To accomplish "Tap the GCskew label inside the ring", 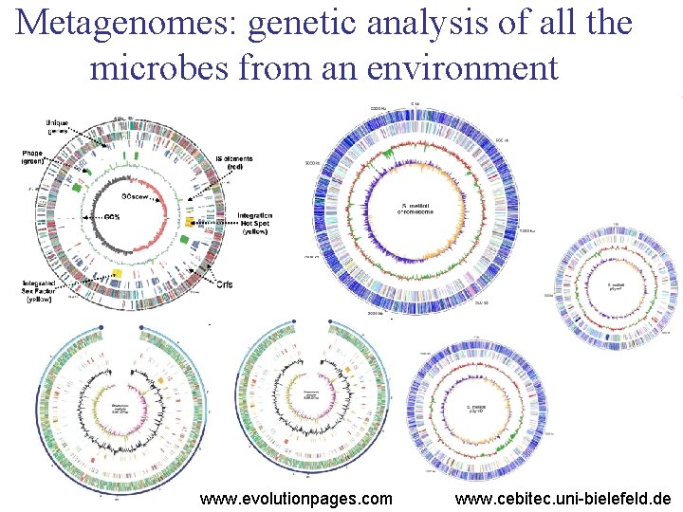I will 134,196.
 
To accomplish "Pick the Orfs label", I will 225,284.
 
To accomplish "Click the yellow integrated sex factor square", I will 119,273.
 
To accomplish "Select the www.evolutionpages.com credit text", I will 296,499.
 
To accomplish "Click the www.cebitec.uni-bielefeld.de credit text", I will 563,499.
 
